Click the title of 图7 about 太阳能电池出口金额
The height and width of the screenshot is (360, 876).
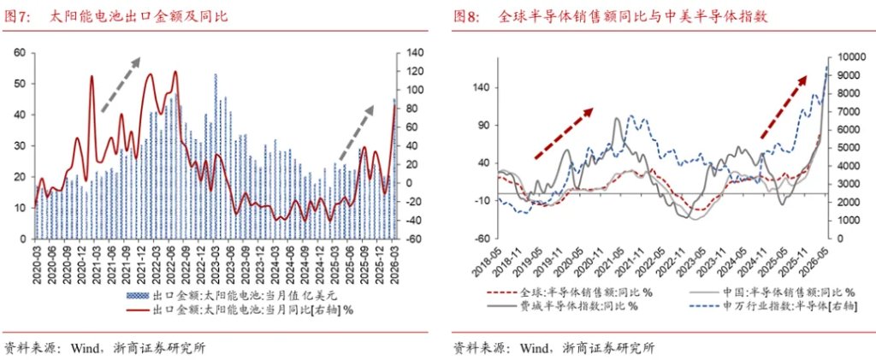(116, 17)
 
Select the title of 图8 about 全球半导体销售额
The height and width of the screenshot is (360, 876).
(610, 17)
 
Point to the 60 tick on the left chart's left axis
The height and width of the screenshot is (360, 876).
(21, 53)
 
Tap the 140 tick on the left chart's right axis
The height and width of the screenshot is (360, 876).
(406, 53)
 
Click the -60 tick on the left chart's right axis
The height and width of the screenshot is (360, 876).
(406, 239)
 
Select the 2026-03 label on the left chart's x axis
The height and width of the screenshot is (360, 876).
(395, 265)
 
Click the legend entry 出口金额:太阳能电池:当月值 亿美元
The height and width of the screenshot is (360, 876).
(233, 295)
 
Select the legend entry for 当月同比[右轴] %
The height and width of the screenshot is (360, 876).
(240, 310)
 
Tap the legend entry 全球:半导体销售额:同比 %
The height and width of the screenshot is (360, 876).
(570, 292)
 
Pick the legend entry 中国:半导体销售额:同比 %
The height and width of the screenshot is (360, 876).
(772, 292)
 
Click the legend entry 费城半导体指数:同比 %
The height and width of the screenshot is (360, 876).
(563, 306)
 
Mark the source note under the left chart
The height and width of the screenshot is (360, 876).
(105, 349)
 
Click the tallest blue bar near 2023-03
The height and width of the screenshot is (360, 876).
(216, 156)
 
